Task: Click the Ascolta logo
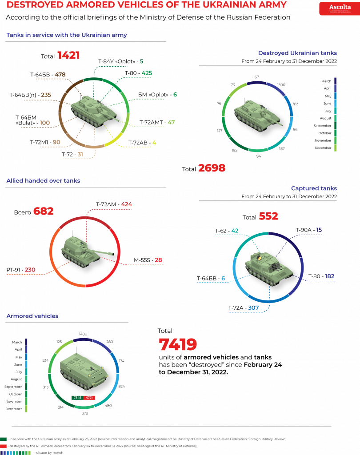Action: point(339,8)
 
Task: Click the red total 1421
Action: point(68,56)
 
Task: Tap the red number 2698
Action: point(212,168)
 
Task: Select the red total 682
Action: point(44,211)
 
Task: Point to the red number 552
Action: point(268,216)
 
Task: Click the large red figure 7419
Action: point(178,345)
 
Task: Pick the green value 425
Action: point(147,73)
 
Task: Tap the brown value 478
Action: point(60,74)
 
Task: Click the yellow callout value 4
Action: point(154,143)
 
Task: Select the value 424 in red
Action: point(127,204)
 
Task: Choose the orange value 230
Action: point(30,270)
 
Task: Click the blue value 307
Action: point(253,307)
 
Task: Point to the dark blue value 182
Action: point(329,276)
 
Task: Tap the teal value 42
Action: point(235,231)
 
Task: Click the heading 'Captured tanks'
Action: point(314,188)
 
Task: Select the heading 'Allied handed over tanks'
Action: point(43,181)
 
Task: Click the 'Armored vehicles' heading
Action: point(32,316)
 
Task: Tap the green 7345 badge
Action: point(77,397)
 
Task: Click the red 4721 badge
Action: point(89,397)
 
